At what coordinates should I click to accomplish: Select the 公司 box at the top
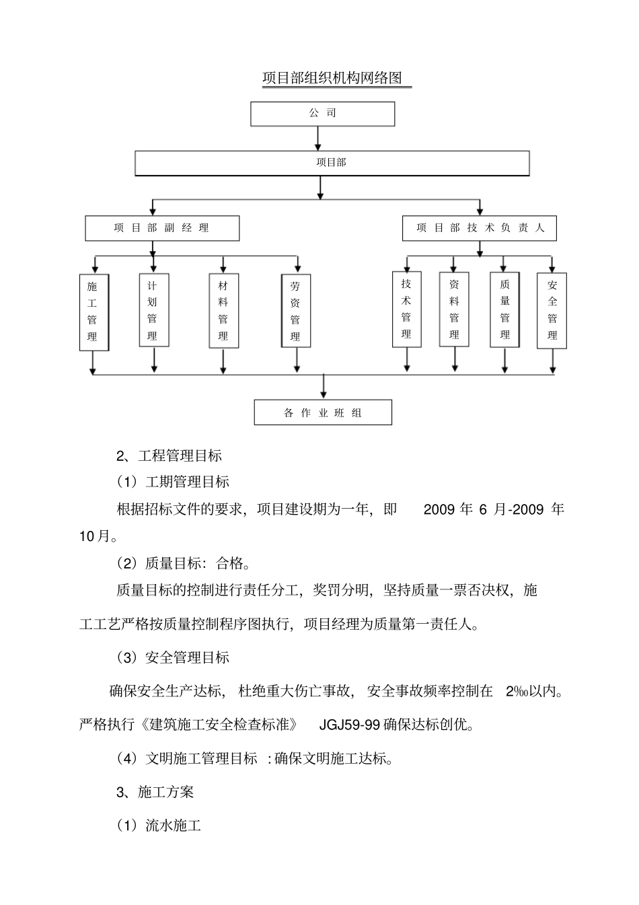point(322,114)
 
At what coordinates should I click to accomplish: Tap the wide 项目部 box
point(332,163)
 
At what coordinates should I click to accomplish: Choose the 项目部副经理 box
point(161,228)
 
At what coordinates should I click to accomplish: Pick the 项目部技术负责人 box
point(480,228)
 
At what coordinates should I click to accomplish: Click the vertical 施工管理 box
point(93,312)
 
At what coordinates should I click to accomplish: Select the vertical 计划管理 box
point(153,310)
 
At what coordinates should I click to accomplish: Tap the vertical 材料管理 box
point(223,310)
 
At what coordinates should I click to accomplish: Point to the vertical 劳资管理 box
point(296,311)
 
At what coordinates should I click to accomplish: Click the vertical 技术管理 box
point(406,309)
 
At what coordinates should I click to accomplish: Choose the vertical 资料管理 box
point(454,310)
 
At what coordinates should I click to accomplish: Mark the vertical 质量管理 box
point(504,309)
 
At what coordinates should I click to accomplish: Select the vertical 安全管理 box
point(552,310)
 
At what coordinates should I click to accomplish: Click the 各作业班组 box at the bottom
point(323,412)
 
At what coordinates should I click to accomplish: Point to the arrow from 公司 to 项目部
point(319,138)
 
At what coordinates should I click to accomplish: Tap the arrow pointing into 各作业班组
point(324,387)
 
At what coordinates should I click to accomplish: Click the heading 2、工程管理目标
point(170,456)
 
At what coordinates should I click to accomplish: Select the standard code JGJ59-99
point(350,725)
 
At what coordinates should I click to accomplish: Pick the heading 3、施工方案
point(155,792)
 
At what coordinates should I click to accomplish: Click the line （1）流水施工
point(159,826)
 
